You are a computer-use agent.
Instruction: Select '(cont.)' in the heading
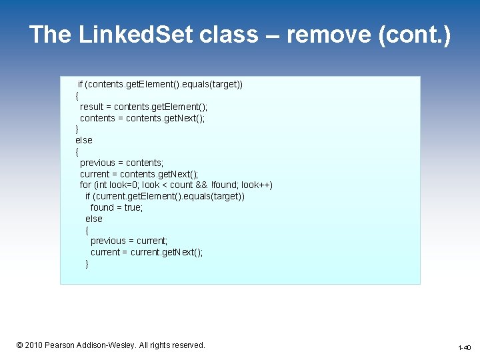tap(414, 35)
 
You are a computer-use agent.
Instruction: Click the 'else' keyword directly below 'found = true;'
tap(94, 219)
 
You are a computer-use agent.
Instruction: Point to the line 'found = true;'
tap(117, 207)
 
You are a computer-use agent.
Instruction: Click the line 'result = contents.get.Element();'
tap(143, 107)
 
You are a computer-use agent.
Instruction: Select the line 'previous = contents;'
tap(121, 163)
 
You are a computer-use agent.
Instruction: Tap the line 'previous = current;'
tap(129, 241)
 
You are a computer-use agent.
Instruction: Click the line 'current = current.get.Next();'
tap(147, 252)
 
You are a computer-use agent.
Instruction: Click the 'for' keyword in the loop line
tap(85, 185)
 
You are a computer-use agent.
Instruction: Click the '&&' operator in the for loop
tap(202, 185)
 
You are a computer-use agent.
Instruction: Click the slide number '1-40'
tap(464, 348)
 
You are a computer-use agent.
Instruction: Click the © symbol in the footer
tap(19, 345)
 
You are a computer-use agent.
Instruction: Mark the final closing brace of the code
tap(87, 263)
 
